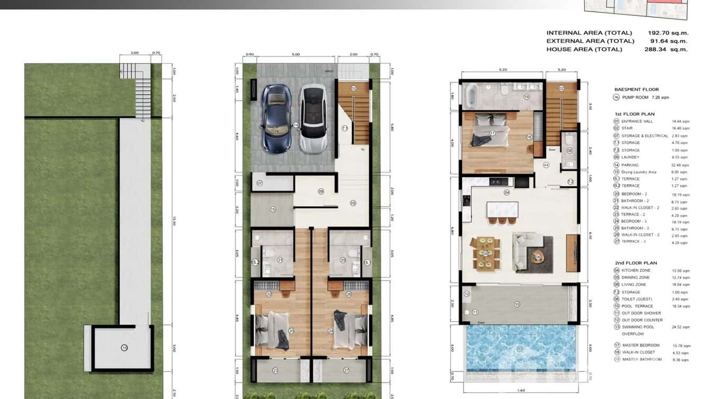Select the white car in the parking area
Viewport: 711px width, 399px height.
coord(312,119)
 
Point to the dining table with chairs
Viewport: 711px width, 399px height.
coord(485,253)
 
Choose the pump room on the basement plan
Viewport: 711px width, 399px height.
coord(123,348)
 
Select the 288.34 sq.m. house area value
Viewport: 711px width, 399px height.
coord(666,49)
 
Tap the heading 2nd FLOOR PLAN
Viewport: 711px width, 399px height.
coord(636,263)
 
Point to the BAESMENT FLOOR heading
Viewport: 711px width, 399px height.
coord(636,89)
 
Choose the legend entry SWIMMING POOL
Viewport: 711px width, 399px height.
coord(638,327)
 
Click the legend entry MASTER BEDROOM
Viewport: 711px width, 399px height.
coord(641,345)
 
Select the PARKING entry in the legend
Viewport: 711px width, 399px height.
coord(630,165)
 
